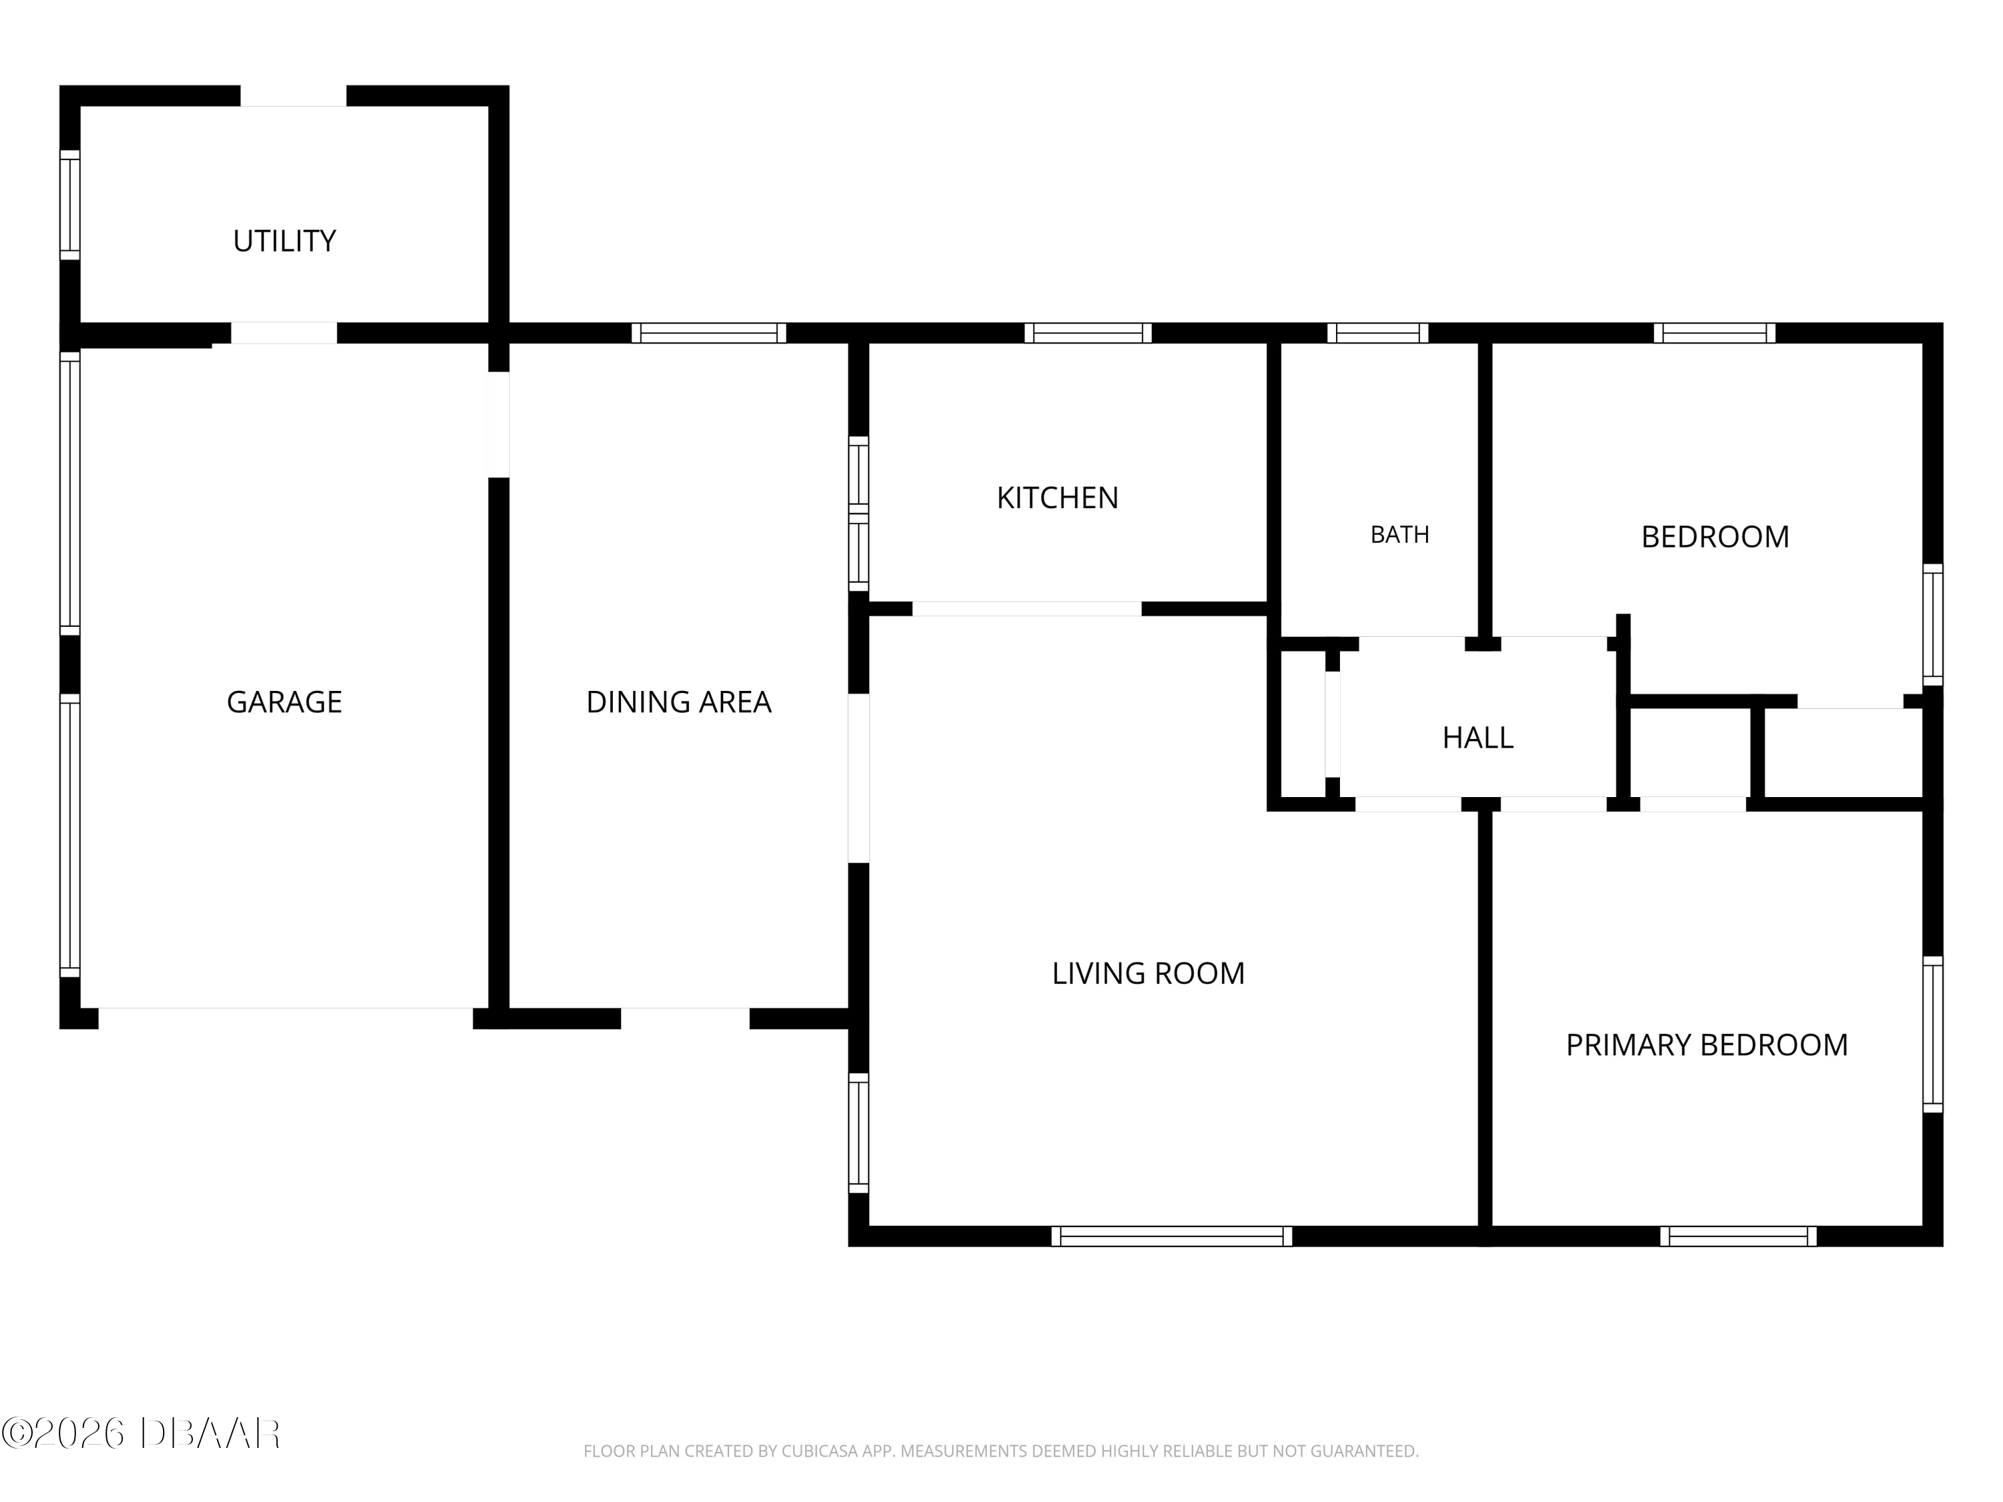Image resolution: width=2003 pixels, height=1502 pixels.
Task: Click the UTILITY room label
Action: click(284, 241)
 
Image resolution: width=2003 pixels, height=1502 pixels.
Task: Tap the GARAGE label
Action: click(284, 702)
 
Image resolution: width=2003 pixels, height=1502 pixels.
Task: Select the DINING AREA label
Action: click(678, 702)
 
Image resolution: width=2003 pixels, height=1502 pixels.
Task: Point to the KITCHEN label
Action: click(1058, 497)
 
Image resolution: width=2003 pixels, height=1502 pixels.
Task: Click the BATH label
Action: click(1400, 535)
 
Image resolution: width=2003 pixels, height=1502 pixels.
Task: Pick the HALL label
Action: click(1478, 738)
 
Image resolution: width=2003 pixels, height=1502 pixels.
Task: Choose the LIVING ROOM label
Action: click(1148, 973)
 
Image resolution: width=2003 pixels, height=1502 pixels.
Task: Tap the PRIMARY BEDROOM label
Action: click(1707, 1045)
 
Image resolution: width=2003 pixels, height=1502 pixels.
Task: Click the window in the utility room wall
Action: click(69, 205)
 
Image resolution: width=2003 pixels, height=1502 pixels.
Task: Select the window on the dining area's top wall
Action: click(709, 333)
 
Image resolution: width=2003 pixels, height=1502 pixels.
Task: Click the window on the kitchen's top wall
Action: click(1088, 333)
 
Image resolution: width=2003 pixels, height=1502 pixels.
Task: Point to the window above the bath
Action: click(1377, 333)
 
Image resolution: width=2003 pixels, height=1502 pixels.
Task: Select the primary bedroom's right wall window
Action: click(1932, 1034)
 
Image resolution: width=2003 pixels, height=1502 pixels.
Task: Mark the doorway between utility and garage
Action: click(284, 333)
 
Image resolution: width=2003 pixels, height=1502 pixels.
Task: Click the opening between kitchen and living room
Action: click(1026, 608)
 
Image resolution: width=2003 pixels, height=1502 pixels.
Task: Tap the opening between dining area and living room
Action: click(859, 778)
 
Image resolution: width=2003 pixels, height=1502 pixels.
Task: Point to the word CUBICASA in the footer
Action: click(819, 1451)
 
